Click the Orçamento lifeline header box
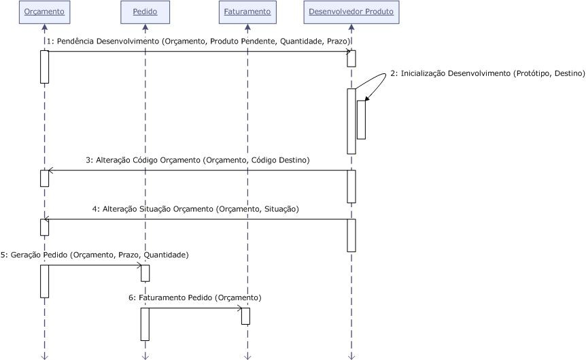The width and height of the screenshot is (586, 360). [x=44, y=12]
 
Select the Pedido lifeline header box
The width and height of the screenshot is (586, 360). [x=145, y=12]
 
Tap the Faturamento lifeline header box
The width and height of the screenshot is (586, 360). [x=247, y=12]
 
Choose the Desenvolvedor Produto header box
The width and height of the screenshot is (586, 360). [x=351, y=12]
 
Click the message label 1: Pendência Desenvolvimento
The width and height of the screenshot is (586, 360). [x=197, y=41]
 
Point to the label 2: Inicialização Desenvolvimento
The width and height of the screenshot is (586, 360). [x=487, y=73]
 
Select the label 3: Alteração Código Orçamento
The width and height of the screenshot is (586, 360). [x=197, y=160]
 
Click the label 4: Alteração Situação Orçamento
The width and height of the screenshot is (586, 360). [x=196, y=209]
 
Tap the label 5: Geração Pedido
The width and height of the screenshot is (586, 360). [x=94, y=255]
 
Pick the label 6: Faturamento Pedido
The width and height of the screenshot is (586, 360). [x=194, y=298]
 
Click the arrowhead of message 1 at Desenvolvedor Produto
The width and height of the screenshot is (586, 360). [x=348, y=51]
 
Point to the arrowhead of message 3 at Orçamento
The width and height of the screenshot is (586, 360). [x=49, y=170]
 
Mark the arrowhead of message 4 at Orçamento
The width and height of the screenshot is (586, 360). [x=49, y=219]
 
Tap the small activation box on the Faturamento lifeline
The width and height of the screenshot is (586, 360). [x=245, y=316]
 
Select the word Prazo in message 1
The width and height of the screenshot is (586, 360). [x=338, y=41]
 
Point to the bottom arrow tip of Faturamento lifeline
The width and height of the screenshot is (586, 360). [x=247, y=356]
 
